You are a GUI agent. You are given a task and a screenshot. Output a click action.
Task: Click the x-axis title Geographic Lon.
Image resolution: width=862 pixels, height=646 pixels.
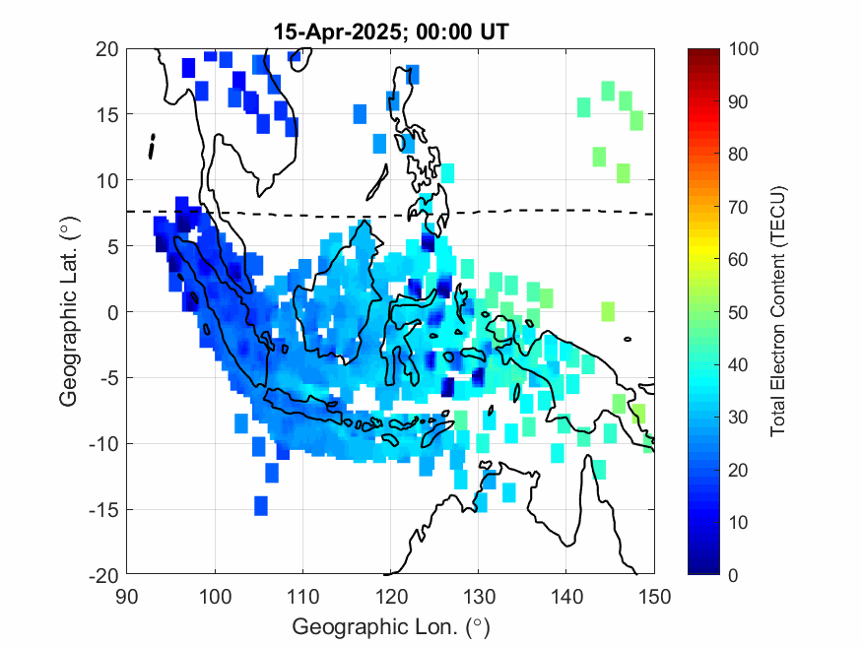pyautogui.click(x=391, y=626)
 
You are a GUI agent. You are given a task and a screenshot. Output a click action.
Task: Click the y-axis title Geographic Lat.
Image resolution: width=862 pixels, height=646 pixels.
pyautogui.click(x=68, y=312)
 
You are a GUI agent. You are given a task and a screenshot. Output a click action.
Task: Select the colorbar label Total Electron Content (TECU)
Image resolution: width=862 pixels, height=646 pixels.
pyautogui.click(x=778, y=311)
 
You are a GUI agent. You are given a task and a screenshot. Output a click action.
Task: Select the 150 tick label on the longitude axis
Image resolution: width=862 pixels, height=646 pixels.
pyautogui.click(x=655, y=595)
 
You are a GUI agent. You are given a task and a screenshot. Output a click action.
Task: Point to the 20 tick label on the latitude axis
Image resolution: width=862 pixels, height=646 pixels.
pyautogui.click(x=108, y=48)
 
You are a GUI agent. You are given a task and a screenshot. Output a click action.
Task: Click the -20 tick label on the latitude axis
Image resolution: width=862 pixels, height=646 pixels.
pyautogui.click(x=104, y=575)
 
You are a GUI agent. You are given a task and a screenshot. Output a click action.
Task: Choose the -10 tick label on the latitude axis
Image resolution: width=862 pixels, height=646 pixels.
pyautogui.click(x=104, y=444)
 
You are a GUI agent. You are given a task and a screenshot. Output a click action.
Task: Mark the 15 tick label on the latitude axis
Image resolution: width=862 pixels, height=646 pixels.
pyautogui.click(x=108, y=114)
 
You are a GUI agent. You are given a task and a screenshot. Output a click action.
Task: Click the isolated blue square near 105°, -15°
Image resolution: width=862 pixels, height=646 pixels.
pyautogui.click(x=261, y=505)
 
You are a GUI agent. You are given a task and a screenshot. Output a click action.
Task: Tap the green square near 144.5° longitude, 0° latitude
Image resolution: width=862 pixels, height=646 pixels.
pyautogui.click(x=608, y=311)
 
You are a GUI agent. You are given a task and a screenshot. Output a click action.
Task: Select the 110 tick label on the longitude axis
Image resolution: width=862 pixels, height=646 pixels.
pyautogui.click(x=303, y=595)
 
